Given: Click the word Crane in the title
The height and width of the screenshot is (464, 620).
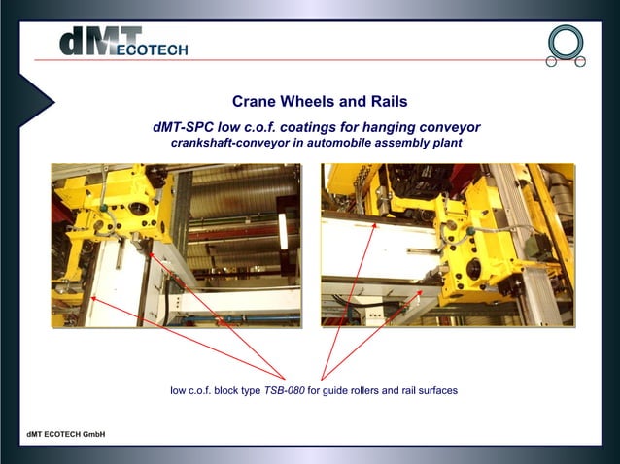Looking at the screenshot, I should (255, 101).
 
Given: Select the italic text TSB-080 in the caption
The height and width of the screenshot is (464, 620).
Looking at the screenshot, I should (284, 391).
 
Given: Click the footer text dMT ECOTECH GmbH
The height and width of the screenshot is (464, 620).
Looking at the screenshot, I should (65, 433).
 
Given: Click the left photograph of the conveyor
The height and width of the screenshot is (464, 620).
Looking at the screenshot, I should (175, 245).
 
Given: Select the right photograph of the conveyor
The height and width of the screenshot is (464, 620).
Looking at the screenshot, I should (447, 245).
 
